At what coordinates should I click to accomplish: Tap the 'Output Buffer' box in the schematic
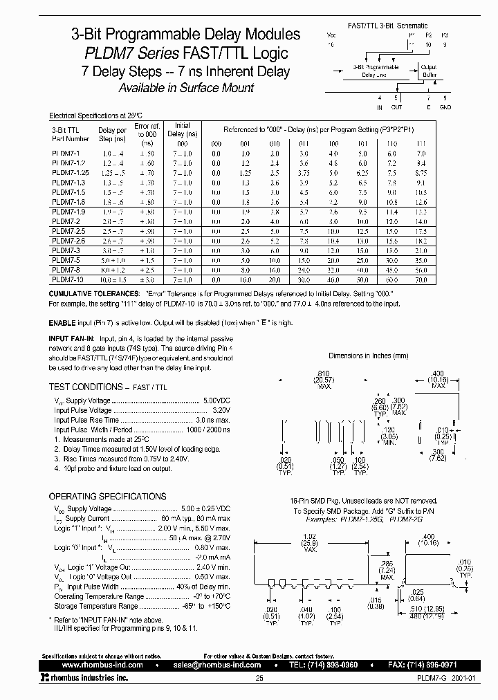pyautogui.click(x=429, y=71)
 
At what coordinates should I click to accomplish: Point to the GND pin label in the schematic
pyautogui.click(x=445, y=107)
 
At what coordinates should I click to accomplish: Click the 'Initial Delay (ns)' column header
pyautogui.click(x=182, y=130)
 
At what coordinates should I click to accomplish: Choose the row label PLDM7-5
pyautogui.click(x=65, y=259)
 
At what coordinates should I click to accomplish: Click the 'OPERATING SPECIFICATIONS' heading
pyautogui.click(x=107, y=496)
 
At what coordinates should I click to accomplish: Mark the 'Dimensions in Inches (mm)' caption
pyautogui.click(x=369, y=356)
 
